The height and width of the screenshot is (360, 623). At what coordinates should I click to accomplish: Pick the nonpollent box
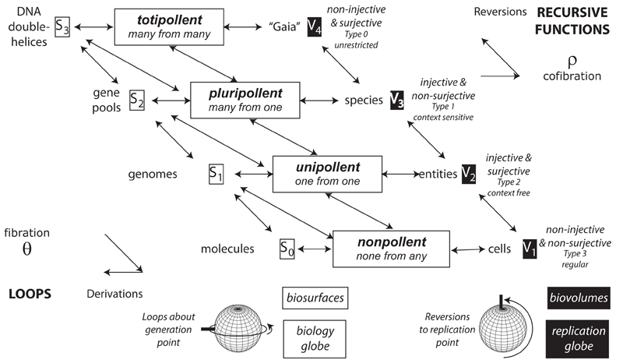[388, 249]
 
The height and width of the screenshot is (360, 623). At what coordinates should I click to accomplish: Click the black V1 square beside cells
[530, 249]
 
